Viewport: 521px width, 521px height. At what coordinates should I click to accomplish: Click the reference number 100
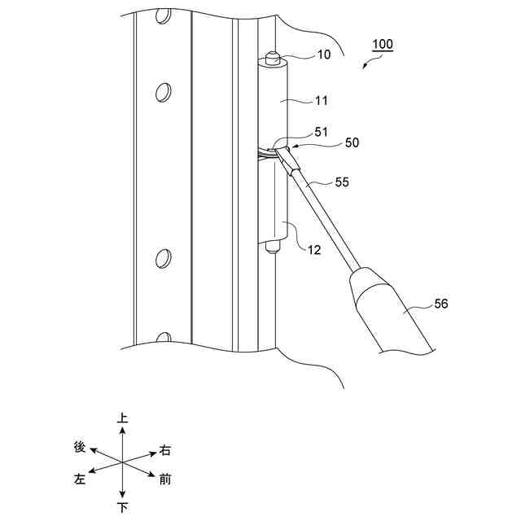(x=381, y=44)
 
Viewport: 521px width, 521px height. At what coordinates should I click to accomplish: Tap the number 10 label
(x=301, y=55)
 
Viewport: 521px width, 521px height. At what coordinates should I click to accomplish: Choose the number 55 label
(x=342, y=184)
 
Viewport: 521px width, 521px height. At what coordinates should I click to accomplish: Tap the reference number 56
(x=440, y=304)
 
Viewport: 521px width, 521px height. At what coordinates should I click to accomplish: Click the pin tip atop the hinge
(x=274, y=59)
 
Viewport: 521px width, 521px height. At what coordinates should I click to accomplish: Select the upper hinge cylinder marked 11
(x=275, y=106)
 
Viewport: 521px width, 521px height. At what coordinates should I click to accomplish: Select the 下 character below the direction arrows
(x=122, y=507)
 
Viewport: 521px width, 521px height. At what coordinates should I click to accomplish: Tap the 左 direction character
(x=80, y=479)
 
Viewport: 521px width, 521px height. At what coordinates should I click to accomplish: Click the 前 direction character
(x=165, y=479)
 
